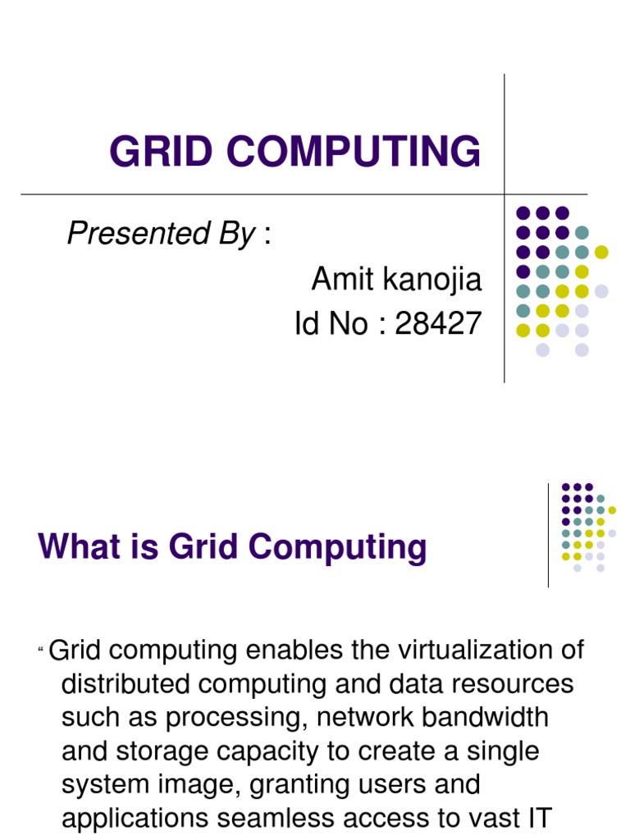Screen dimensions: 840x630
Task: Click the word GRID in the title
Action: point(157,152)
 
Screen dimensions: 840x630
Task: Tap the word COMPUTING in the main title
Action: point(347,152)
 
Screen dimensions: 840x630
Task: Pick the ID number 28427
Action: point(438,325)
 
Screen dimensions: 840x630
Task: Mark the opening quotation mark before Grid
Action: point(41,651)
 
